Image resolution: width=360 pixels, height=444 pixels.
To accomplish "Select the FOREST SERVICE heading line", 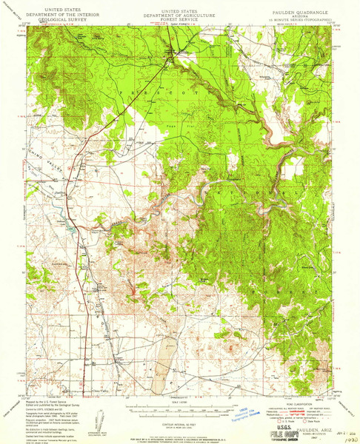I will tap(179, 20).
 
